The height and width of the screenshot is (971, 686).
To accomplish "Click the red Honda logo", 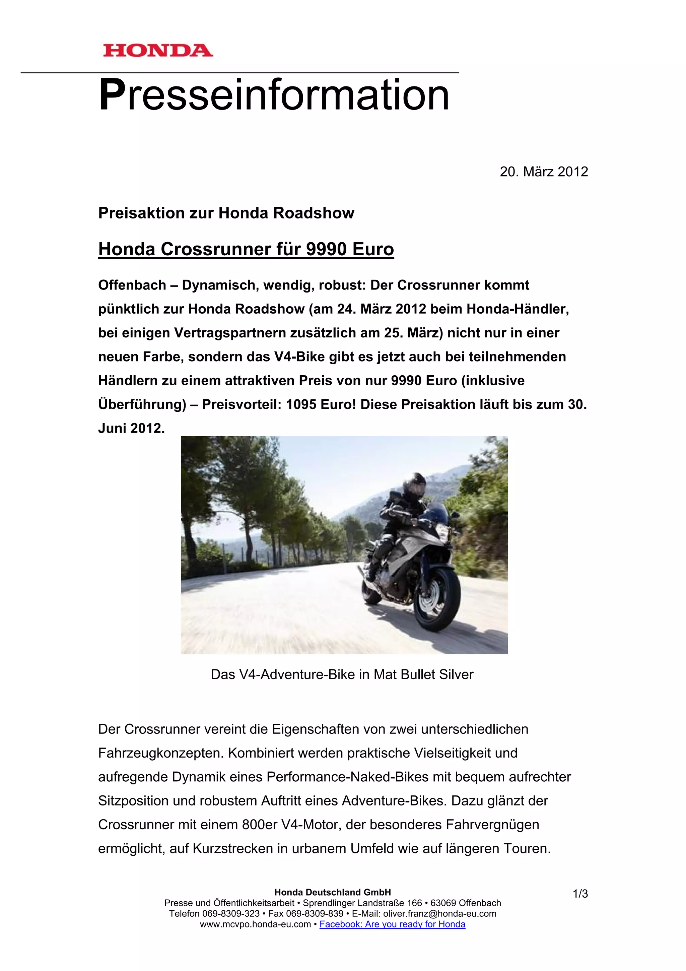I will [x=158, y=51].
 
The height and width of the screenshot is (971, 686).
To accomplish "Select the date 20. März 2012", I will [x=544, y=172].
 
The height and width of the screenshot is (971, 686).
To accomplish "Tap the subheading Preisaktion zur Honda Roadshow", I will [x=226, y=213].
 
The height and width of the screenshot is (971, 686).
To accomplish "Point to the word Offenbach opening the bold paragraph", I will [x=132, y=285].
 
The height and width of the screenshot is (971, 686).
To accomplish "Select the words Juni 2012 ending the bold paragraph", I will [x=131, y=429].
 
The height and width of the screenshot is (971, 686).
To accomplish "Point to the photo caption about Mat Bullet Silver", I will [x=342, y=674].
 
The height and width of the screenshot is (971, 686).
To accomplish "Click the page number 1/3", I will [x=580, y=894].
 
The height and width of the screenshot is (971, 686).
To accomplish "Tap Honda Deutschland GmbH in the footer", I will [x=333, y=892].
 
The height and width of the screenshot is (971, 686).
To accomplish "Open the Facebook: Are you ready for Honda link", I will [x=392, y=924].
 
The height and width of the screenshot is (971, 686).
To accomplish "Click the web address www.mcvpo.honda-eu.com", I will [x=255, y=924].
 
